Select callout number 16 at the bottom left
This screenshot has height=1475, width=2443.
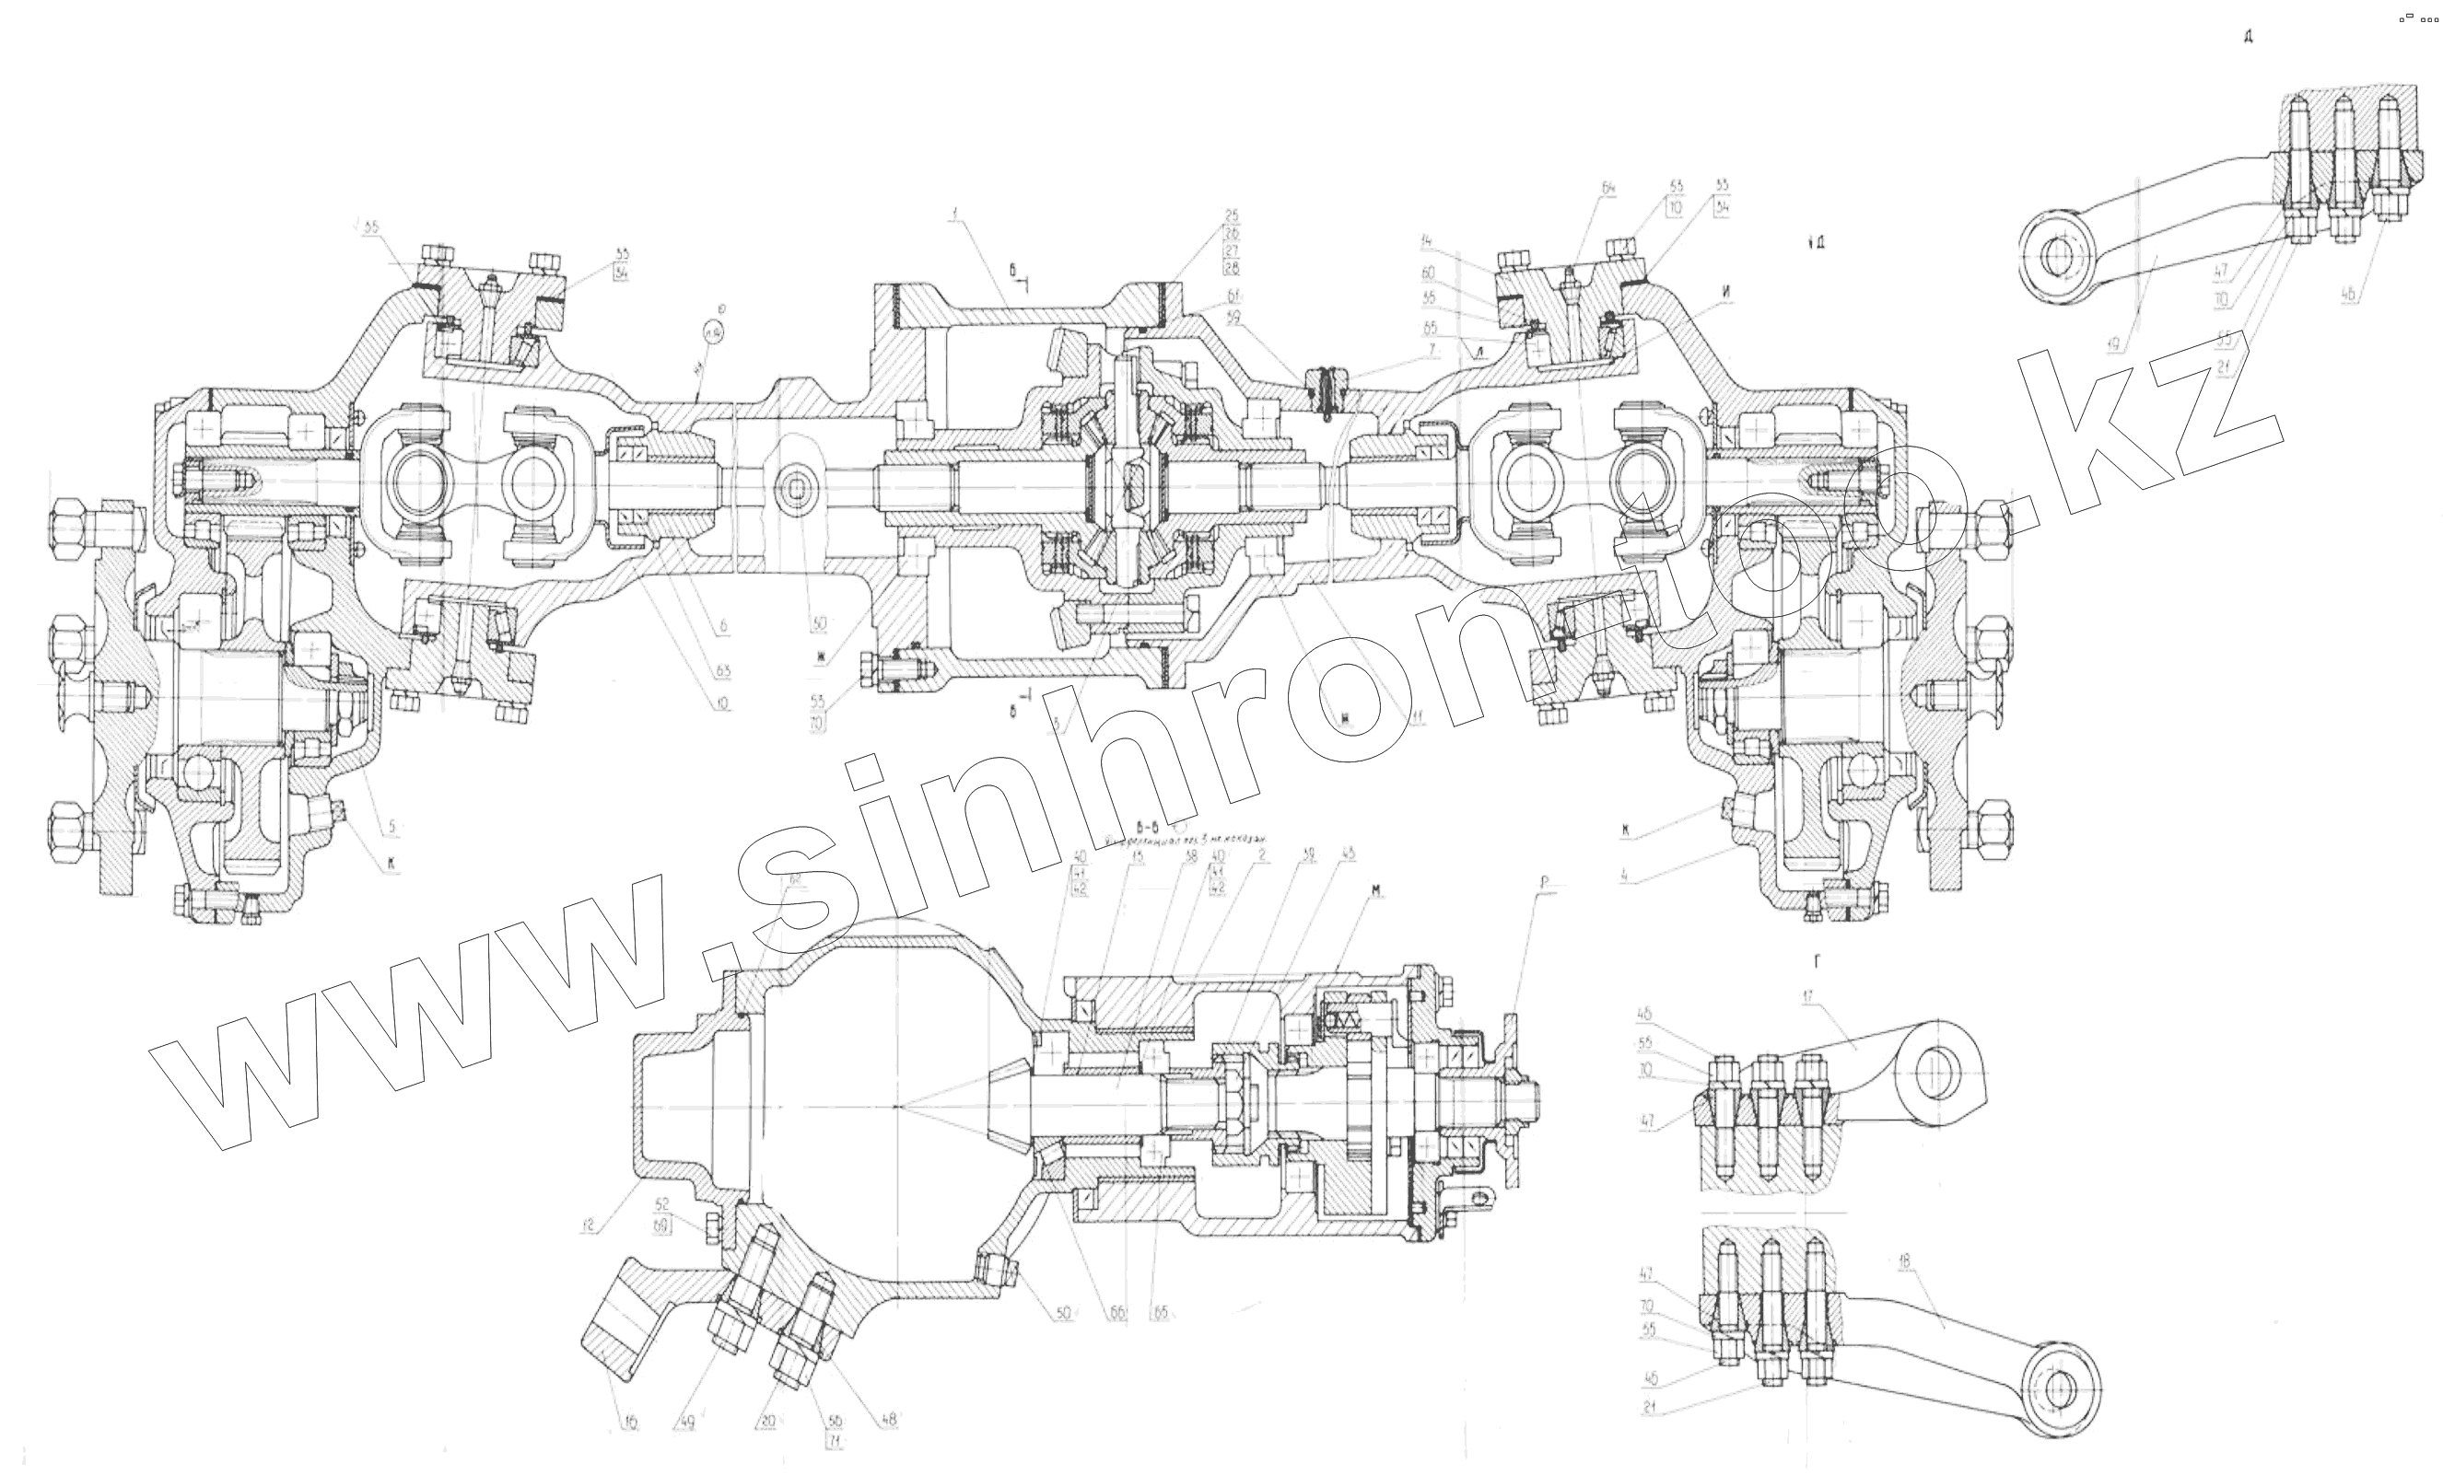(x=631, y=1423)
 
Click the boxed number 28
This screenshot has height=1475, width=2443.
(x=1233, y=268)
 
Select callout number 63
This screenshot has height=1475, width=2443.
(x=723, y=672)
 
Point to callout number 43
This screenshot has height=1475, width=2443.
(x=1349, y=854)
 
